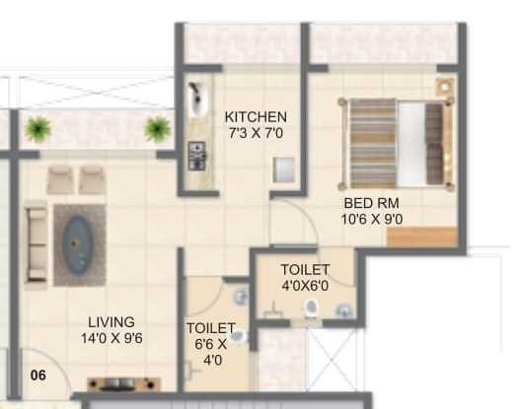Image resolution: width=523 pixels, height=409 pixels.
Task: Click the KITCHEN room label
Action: [x=256, y=117]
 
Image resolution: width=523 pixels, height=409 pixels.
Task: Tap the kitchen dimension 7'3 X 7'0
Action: [x=256, y=133]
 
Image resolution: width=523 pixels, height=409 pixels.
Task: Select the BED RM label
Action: [x=372, y=203]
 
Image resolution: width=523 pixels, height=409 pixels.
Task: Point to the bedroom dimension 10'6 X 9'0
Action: [x=372, y=219]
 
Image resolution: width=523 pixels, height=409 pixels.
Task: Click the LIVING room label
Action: [x=112, y=322]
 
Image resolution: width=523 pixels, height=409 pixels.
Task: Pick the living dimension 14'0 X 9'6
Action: [x=112, y=338]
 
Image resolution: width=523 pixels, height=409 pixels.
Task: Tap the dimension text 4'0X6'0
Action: [x=305, y=286]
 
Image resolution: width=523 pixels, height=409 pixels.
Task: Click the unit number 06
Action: [x=38, y=375]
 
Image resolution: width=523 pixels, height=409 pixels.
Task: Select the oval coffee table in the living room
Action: [x=78, y=244]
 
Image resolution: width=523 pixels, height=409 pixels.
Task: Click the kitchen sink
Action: [x=197, y=99]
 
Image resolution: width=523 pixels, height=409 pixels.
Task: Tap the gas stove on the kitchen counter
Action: [x=196, y=156]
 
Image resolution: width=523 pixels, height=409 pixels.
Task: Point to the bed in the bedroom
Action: [x=397, y=143]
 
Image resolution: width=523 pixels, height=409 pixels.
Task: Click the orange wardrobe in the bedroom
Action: [x=422, y=237]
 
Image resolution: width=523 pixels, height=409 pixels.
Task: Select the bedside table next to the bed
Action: [x=445, y=87]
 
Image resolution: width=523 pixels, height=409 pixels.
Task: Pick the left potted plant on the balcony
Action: [x=38, y=129]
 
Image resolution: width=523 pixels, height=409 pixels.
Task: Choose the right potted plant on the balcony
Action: [x=158, y=129]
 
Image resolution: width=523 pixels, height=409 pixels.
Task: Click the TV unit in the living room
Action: [x=123, y=384]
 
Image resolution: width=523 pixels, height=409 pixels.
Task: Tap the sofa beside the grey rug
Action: [x=37, y=245]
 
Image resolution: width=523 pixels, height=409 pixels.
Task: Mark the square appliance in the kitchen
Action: [x=284, y=170]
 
